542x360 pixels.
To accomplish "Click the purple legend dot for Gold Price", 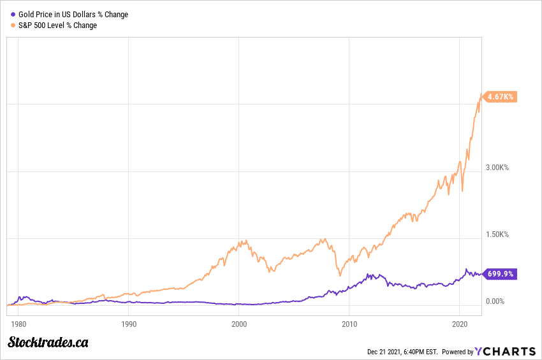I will (13, 15).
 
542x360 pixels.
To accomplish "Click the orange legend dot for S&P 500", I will (13, 25).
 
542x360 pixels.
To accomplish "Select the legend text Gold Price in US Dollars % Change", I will (73, 15).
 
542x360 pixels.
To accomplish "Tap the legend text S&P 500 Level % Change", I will (58, 25).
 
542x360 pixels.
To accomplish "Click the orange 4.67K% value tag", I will (500, 97).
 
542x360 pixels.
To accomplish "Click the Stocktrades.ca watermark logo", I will (48, 343).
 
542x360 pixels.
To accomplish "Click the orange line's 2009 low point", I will (340, 275).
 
